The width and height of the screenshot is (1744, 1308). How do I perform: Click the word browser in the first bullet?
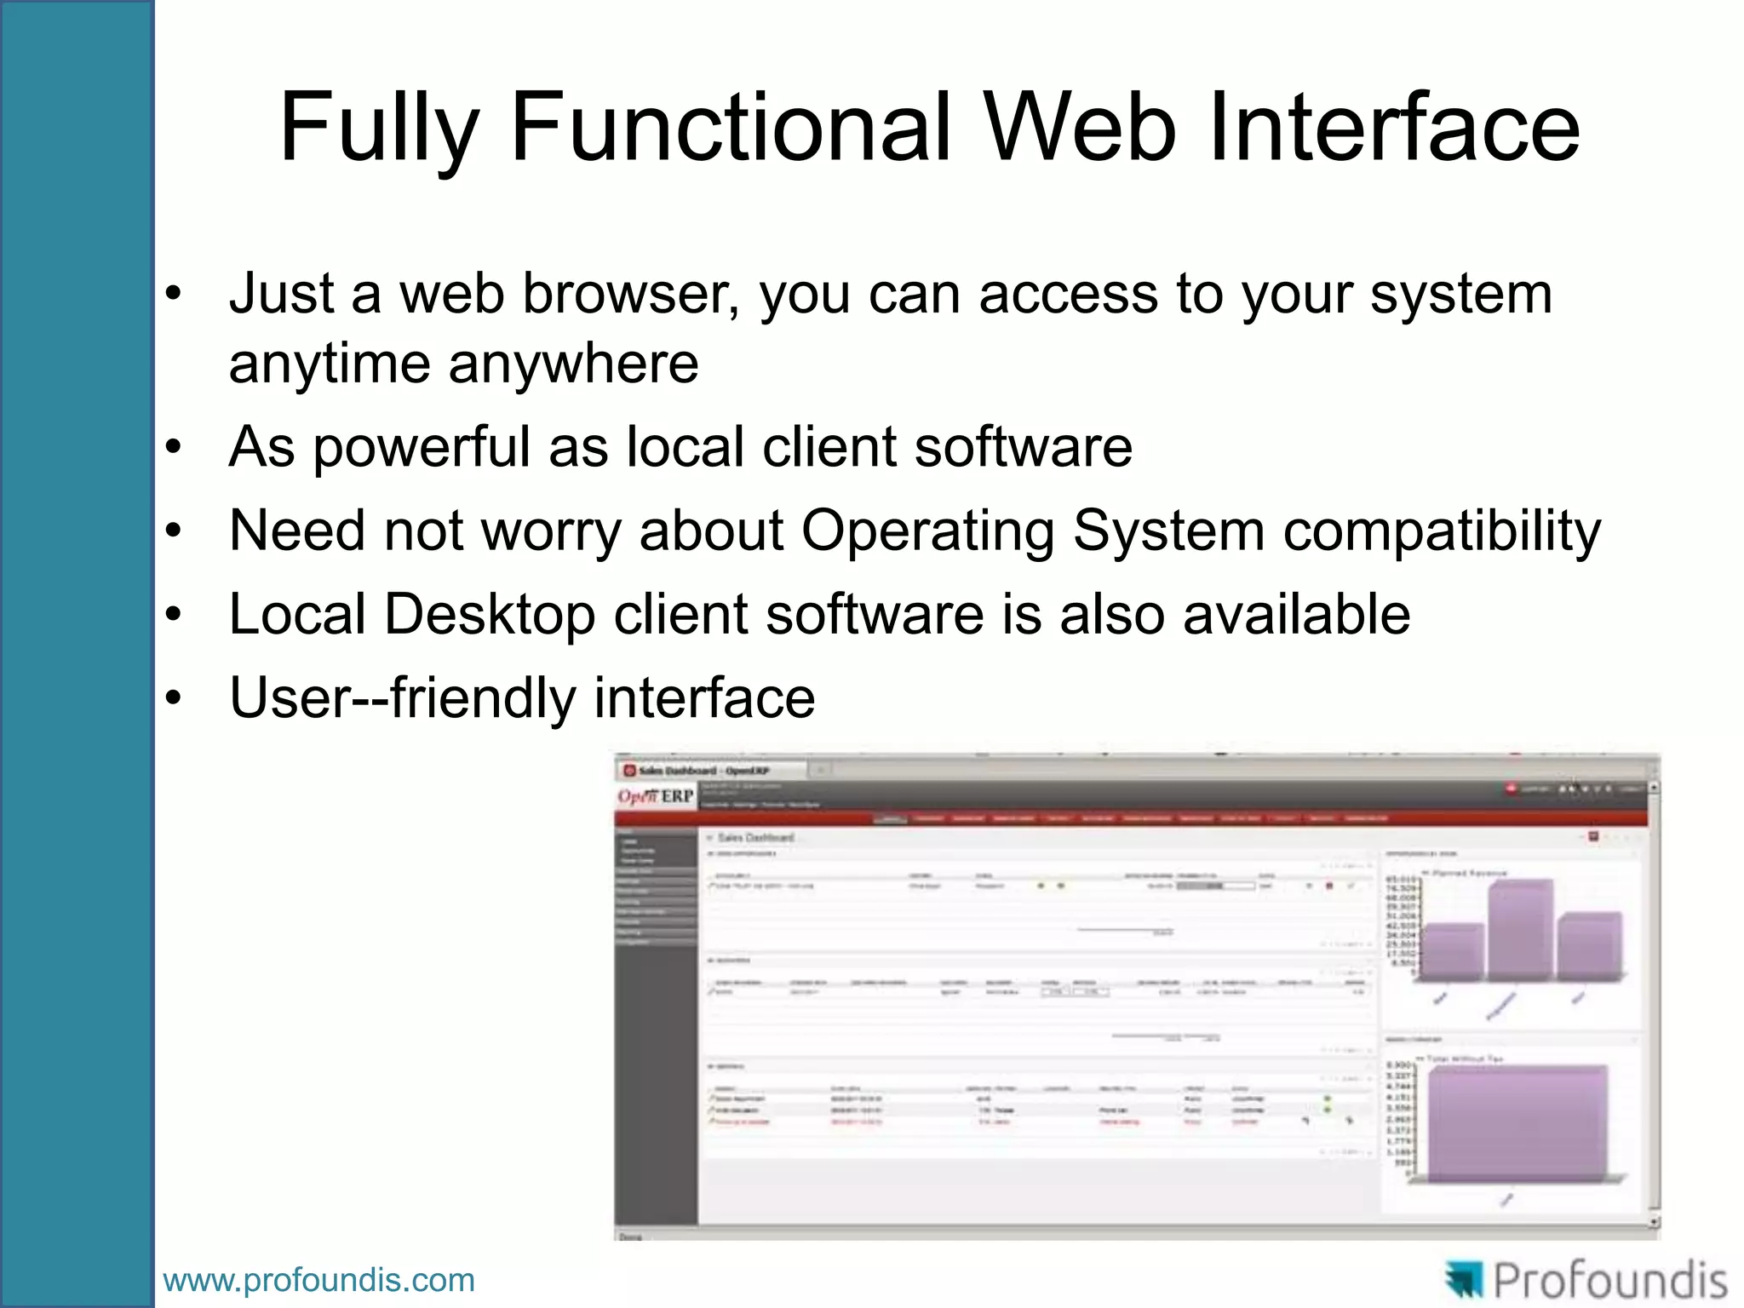[630, 294]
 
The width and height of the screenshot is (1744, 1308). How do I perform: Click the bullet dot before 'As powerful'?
[174, 448]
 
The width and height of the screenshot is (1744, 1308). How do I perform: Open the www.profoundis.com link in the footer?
[318, 1281]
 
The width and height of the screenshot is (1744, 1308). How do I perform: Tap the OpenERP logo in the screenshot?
[656, 797]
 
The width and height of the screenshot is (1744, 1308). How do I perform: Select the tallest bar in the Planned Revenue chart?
[1521, 930]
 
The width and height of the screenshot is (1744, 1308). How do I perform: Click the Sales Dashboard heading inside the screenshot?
[756, 838]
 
